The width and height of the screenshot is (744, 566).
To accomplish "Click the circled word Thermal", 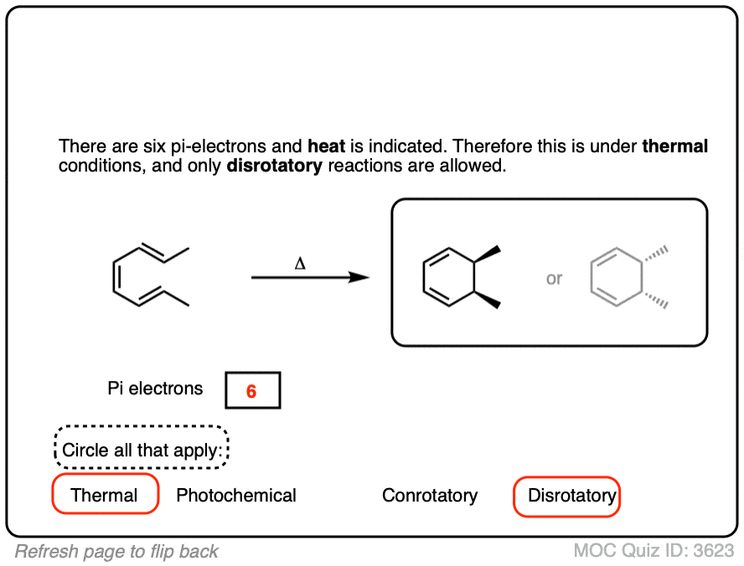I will coord(105,495).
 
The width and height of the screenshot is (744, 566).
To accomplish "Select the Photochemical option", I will coord(236,496).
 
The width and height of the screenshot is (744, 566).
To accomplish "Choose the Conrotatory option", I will coord(430,496).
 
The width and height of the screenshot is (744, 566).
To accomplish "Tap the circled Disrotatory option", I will coord(571,496).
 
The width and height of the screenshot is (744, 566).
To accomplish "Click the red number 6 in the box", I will coord(251,391).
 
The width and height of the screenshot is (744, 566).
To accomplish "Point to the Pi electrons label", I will coord(155,388).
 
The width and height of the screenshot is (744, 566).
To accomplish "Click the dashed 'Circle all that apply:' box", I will coord(142,450).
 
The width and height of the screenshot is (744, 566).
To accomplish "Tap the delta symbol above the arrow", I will coord(300,263).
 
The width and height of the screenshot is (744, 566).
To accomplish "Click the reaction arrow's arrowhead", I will coord(360,277).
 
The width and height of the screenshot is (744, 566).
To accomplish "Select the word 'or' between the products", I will coord(554,279).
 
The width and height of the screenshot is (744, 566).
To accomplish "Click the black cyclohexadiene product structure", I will coord(457,277).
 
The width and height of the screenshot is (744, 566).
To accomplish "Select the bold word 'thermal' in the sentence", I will coord(675,147).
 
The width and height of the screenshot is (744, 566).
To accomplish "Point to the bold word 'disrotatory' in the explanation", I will coord(274,165).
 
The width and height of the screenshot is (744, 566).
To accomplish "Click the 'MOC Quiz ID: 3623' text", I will coord(654,551).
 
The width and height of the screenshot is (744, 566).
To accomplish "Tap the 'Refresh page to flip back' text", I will coord(116,551).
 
